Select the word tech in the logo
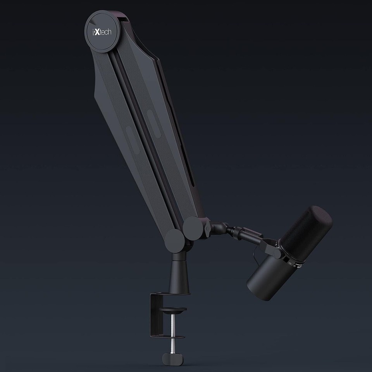(105, 31)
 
